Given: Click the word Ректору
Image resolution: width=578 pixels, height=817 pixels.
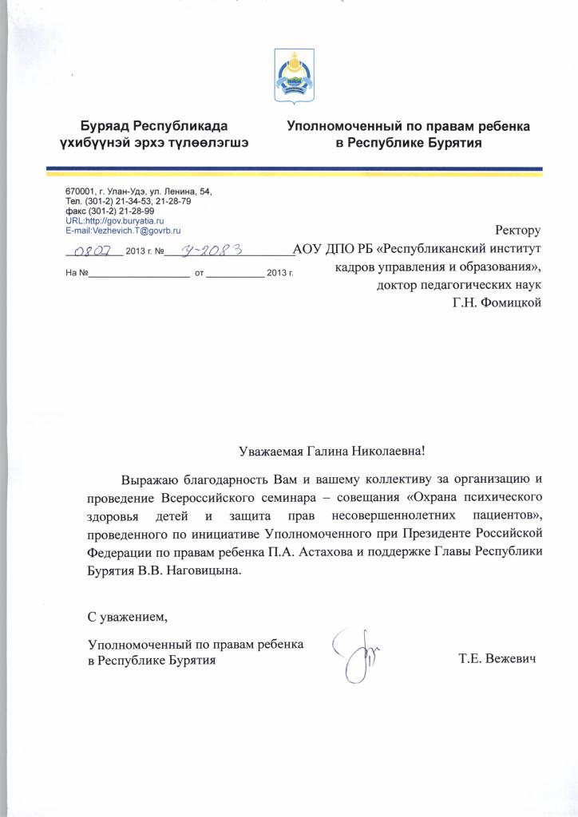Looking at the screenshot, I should pyautogui.click(x=518, y=231).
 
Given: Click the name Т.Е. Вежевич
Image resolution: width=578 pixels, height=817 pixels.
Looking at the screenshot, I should pyautogui.click(x=495, y=660).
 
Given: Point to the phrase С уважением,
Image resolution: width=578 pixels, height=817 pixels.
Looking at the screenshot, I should pyautogui.click(x=129, y=617).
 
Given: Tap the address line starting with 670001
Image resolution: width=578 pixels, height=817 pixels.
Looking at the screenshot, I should pyautogui.click(x=139, y=192).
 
